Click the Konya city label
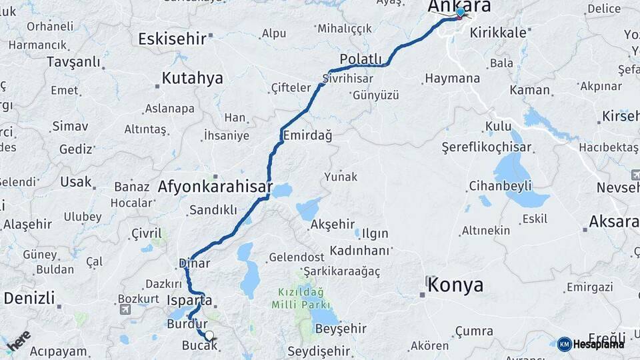click(455, 285)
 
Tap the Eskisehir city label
click(172, 38)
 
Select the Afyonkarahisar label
click(215, 187)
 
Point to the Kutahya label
click(192, 78)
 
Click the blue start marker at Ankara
click(460, 12)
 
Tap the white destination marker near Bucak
click(209, 335)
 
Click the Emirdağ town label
click(307, 135)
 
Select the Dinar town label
click(194, 263)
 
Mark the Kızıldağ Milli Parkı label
click(301, 298)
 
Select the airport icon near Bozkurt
click(125, 309)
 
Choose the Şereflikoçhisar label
click(487, 147)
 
